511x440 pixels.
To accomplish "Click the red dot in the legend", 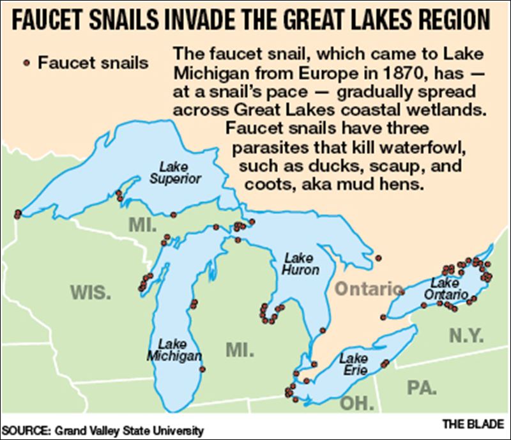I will (26, 62).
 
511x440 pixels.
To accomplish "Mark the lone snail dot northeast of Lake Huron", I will (378, 259).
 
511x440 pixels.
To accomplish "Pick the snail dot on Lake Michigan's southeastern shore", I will (202, 369).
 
